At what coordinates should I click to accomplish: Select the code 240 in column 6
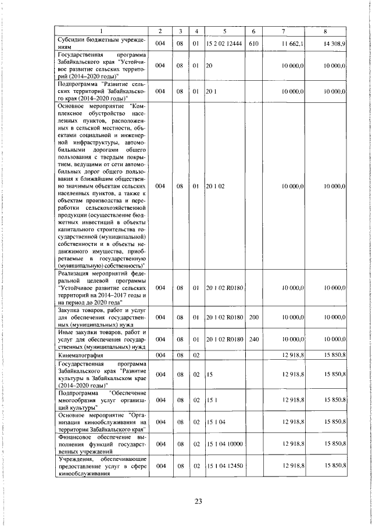click(x=253, y=339)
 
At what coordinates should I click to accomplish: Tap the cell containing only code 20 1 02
click(x=214, y=186)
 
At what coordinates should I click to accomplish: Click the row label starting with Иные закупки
click(x=101, y=339)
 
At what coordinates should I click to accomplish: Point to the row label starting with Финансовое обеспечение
click(x=101, y=443)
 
